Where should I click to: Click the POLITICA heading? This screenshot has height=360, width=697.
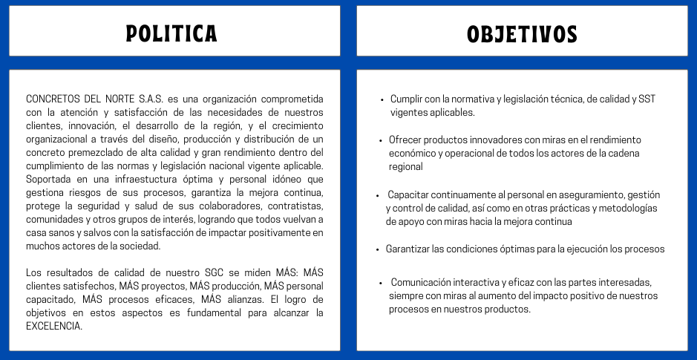(x=171, y=33)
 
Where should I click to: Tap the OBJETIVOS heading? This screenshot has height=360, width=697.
(x=522, y=33)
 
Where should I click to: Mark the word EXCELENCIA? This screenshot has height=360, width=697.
(x=53, y=325)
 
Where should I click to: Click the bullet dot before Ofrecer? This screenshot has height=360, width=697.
(x=382, y=140)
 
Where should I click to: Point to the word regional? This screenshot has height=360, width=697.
(x=405, y=167)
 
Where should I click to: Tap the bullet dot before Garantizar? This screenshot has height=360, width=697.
(x=378, y=249)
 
